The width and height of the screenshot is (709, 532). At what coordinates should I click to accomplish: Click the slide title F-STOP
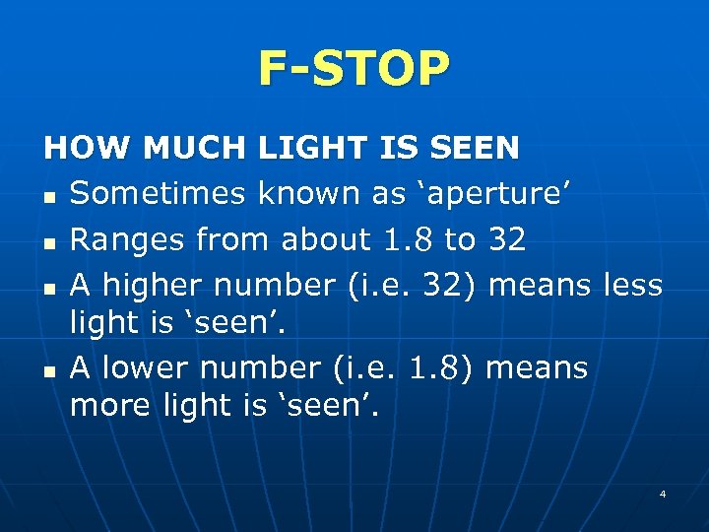pos(354,68)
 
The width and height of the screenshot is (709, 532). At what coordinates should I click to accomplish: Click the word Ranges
pos(128,239)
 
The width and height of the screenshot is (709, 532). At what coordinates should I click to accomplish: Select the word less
pos(630,286)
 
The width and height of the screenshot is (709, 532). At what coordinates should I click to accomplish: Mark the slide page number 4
pos(663,494)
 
